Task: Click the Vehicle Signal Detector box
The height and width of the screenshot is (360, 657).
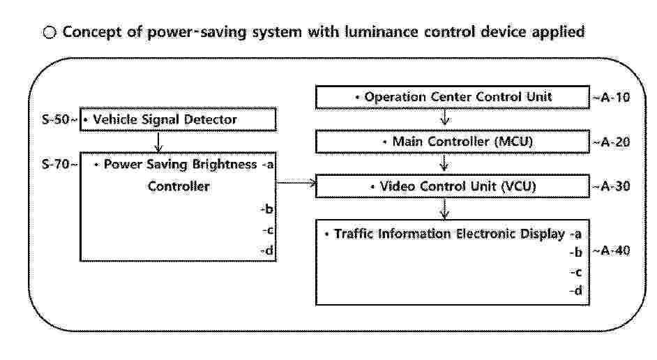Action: [178, 119]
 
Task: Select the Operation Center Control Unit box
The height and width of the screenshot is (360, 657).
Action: [453, 97]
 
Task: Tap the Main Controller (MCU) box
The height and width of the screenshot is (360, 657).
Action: [453, 142]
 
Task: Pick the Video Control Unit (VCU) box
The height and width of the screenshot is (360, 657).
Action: [453, 186]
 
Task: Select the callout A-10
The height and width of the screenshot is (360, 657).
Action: [616, 97]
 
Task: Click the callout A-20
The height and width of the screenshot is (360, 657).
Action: [616, 142]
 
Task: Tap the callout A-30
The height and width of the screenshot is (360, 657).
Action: [616, 186]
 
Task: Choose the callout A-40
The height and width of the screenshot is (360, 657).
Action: [616, 250]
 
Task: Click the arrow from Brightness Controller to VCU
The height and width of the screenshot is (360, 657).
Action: [296, 182]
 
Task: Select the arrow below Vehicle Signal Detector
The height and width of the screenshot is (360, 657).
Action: [158, 142]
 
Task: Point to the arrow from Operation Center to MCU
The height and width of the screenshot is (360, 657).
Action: [444, 117]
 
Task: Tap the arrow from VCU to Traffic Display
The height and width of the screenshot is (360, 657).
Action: [444, 209]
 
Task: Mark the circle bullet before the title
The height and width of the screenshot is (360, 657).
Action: [50, 32]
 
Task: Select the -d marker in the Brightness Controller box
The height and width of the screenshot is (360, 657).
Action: [267, 250]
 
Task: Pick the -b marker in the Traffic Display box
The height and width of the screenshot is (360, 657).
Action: [576, 253]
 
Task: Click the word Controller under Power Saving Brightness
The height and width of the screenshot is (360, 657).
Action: [179, 186]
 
